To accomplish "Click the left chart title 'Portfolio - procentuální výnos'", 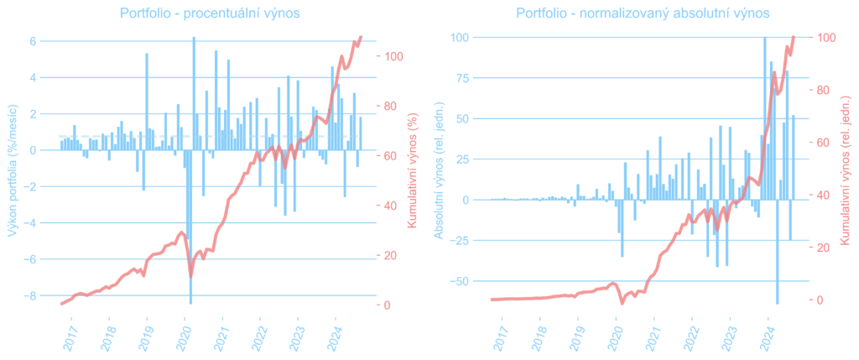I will (x=210, y=13).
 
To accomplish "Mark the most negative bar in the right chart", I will (x=777, y=252).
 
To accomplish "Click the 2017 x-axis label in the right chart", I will (x=501, y=334).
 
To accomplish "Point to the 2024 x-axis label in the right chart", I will (x=768, y=334).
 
